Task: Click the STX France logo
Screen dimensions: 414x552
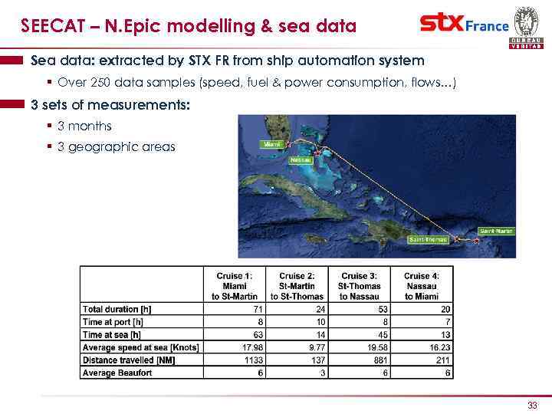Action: (464, 25)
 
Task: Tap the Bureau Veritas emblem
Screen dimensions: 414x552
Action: (526, 26)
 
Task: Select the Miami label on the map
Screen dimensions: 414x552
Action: (272, 143)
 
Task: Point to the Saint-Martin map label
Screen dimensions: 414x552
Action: (496, 231)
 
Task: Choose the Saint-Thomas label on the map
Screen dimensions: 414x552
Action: (427, 239)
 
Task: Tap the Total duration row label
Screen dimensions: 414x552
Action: (117, 309)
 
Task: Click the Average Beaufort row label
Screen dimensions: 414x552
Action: (117, 373)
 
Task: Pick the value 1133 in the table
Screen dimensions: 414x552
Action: (253, 360)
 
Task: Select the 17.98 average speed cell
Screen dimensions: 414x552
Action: (253, 347)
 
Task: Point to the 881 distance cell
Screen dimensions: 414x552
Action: (378, 360)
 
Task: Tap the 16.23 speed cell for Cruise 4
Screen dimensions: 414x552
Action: (440, 347)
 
